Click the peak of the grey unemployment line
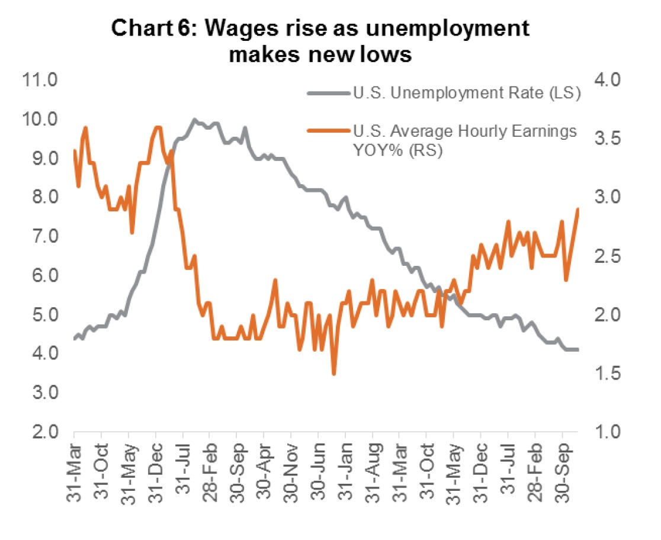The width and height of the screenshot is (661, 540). [194, 120]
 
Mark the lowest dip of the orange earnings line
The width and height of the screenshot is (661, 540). [334, 374]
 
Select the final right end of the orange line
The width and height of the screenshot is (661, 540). [578, 208]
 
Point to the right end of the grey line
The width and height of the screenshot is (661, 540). [577, 349]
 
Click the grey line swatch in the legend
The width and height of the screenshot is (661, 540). [328, 93]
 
